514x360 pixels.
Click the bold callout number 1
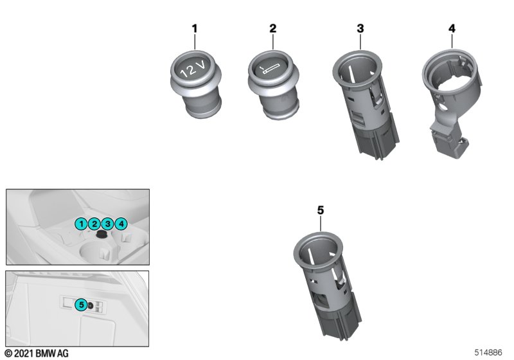click(x=195, y=28)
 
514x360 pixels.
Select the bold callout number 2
click(x=272, y=28)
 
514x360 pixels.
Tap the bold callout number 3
click(x=360, y=28)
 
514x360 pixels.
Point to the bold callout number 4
click(x=452, y=28)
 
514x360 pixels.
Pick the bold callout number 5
click(x=321, y=210)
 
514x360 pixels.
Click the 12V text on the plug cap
click(x=193, y=68)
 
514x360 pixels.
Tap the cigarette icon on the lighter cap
click(x=270, y=69)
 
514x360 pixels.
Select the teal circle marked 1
click(x=82, y=224)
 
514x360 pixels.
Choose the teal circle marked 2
click(x=94, y=224)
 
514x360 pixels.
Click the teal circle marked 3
click(x=107, y=224)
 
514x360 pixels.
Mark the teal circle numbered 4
click(x=121, y=224)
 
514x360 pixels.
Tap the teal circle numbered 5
click(x=82, y=305)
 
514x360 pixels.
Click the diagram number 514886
click(x=488, y=352)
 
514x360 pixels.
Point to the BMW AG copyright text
click(x=37, y=353)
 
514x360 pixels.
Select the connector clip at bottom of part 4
click(x=451, y=143)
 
